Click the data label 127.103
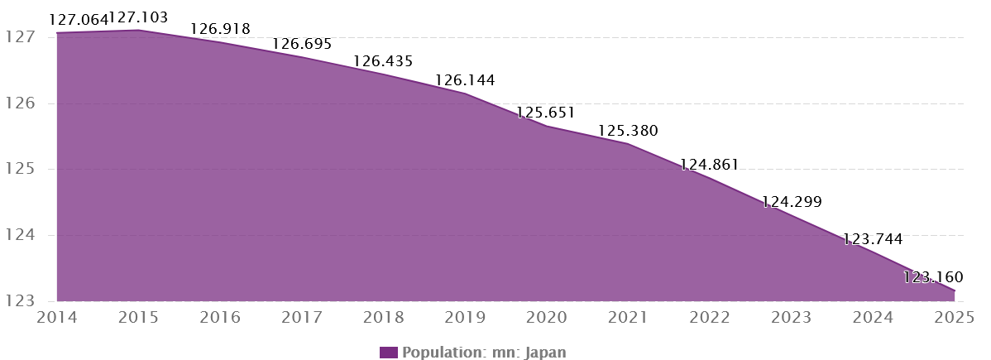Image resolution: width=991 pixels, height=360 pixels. pyautogui.click(x=138, y=17)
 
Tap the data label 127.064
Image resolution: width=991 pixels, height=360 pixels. pyautogui.click(x=79, y=20)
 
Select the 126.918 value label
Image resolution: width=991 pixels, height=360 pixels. pyautogui.click(x=221, y=29)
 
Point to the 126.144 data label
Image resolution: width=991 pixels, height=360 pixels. pyautogui.click(x=465, y=80)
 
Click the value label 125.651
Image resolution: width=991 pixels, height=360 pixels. pyautogui.click(x=546, y=113)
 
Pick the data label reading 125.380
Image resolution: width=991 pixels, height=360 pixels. pyautogui.click(x=628, y=131)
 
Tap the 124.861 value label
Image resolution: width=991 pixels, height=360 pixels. pyautogui.click(x=709, y=166)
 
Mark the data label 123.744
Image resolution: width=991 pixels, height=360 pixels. pyautogui.click(x=873, y=239)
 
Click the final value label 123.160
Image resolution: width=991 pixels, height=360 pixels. pyautogui.click(x=933, y=277)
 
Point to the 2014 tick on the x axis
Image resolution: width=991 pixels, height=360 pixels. pyautogui.click(x=57, y=317)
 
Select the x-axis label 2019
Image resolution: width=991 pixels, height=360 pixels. pyautogui.click(x=465, y=317)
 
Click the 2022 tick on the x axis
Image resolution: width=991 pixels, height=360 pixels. pyautogui.click(x=710, y=317)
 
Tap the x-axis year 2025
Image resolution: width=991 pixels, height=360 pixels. pyautogui.click(x=955, y=317)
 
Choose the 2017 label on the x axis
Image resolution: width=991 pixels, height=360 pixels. pyautogui.click(x=302, y=317)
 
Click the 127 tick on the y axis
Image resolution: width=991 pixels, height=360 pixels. pyautogui.click(x=19, y=37)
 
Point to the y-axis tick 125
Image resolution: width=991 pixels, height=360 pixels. pyautogui.click(x=19, y=169)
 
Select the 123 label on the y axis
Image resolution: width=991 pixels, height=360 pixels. pyautogui.click(x=19, y=301)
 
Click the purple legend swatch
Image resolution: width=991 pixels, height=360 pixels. pyautogui.click(x=389, y=353)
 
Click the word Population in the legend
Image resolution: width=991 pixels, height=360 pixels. pyautogui.click(x=444, y=353)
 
